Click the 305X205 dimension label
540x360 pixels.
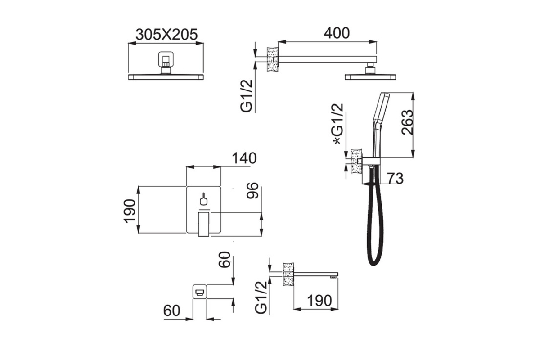[166, 35]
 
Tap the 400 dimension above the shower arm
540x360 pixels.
[337, 33]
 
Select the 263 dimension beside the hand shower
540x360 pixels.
[407, 122]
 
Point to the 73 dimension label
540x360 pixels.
[395, 179]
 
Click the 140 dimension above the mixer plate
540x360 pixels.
[244, 158]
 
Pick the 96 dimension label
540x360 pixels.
[252, 191]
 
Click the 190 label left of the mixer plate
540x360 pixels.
[130, 211]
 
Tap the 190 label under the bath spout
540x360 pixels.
[319, 301]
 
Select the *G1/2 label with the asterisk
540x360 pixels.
[338, 124]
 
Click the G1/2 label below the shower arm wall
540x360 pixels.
[247, 96]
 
